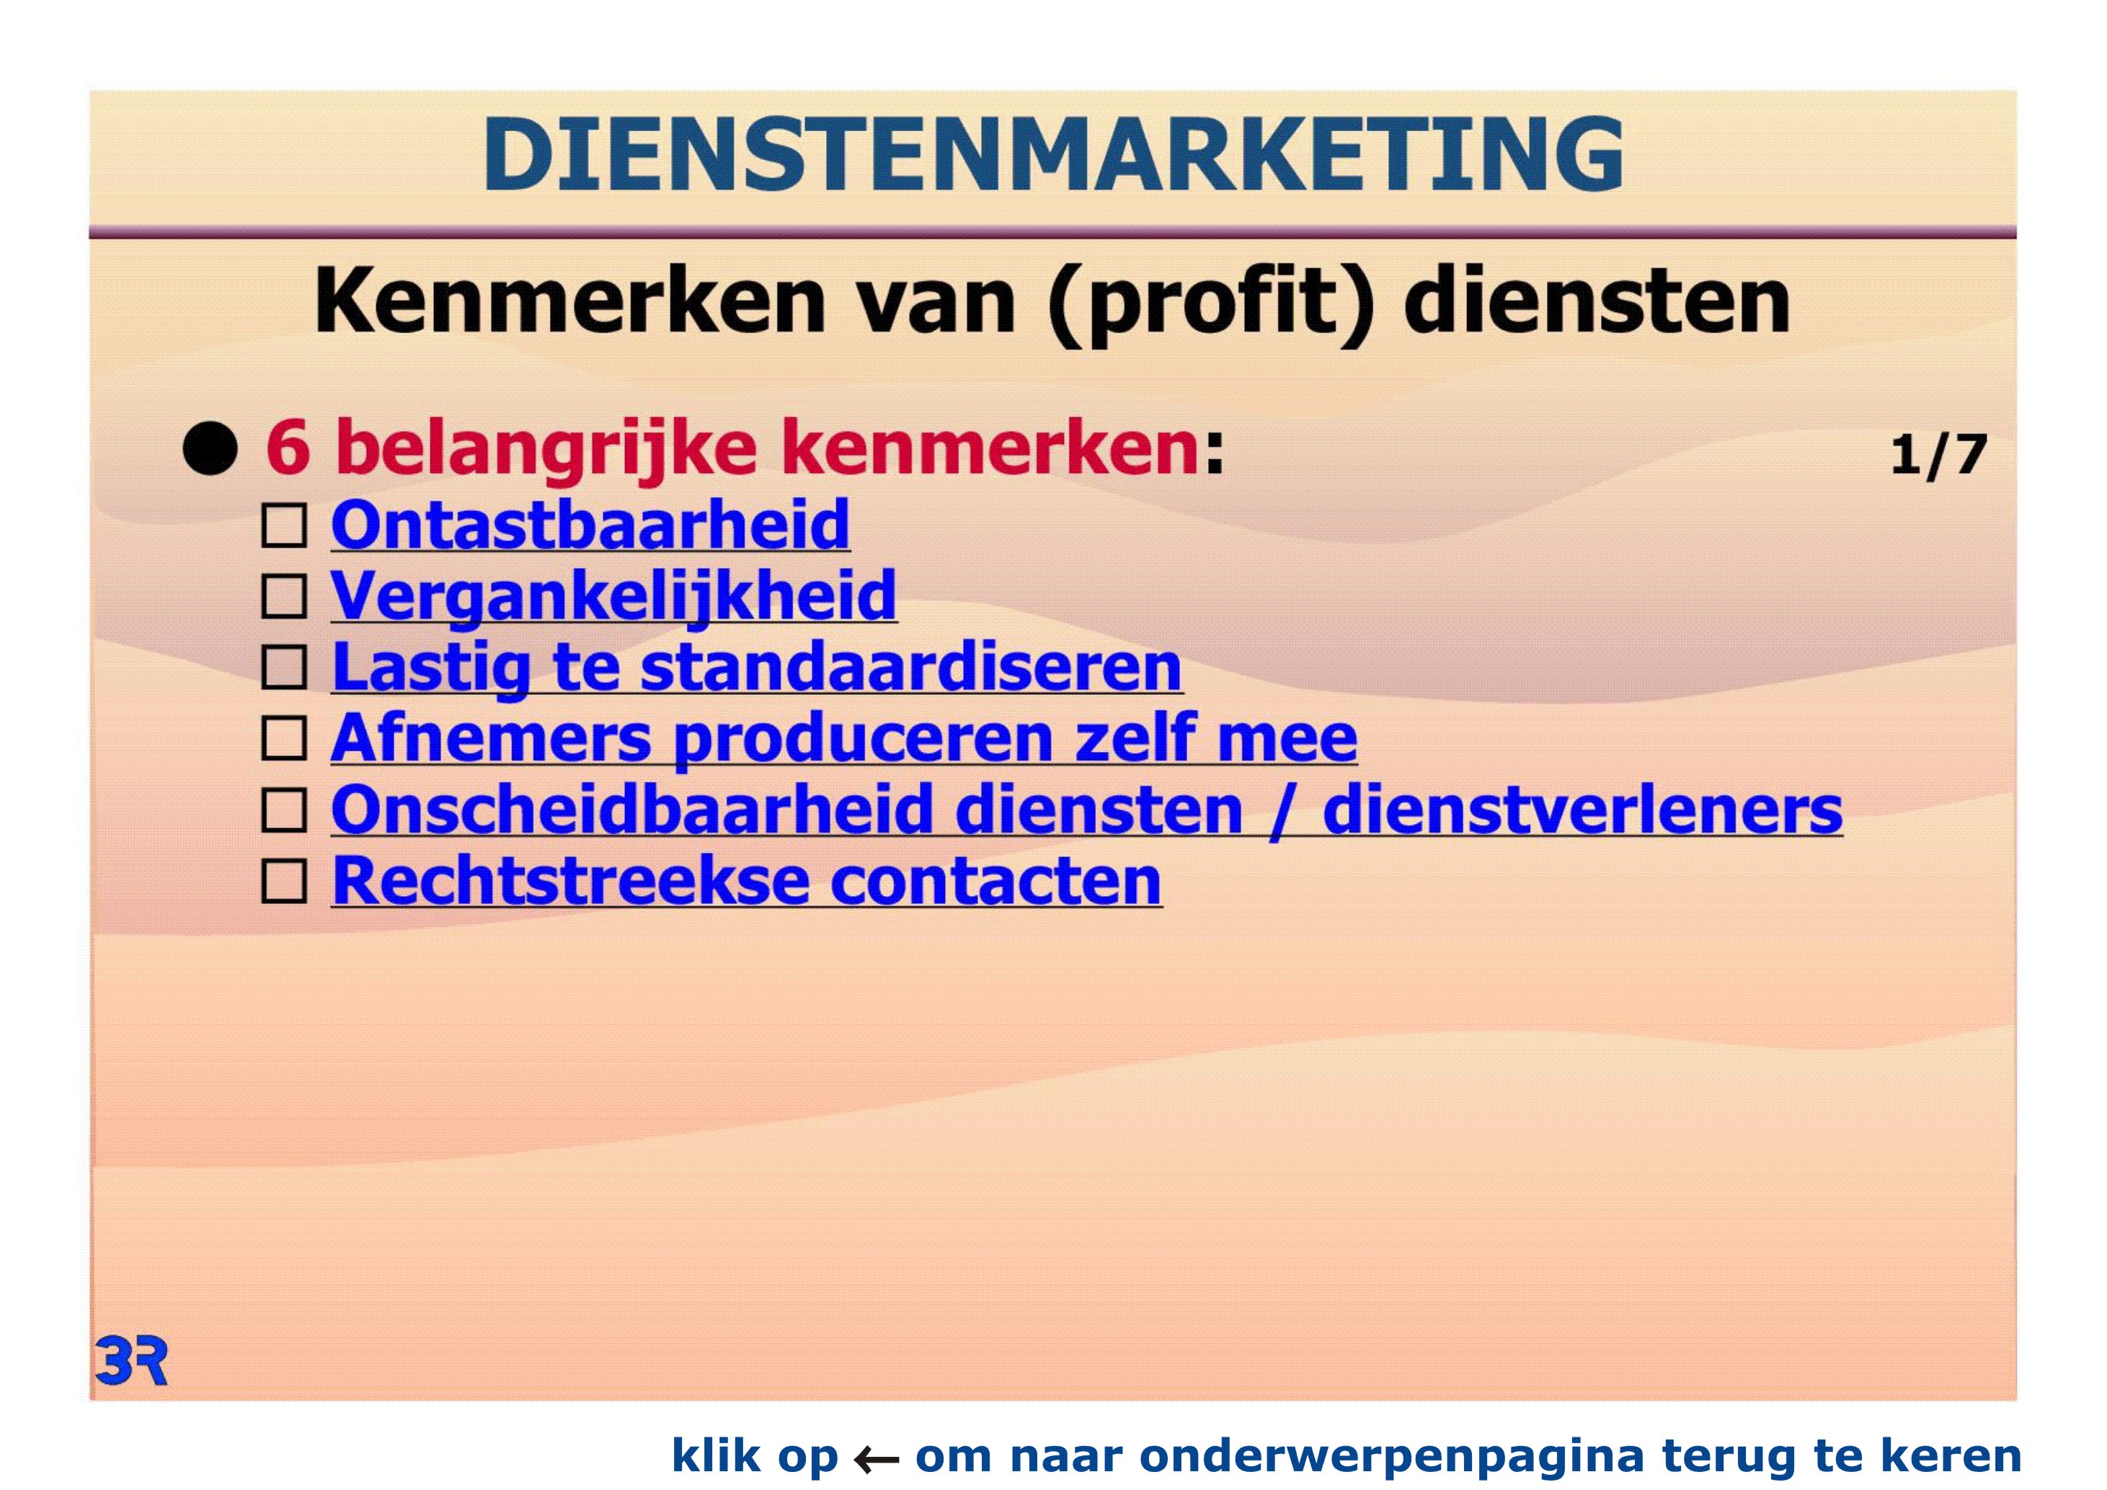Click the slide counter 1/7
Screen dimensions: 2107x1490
tap(1938, 455)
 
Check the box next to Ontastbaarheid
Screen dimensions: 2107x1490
tap(285, 527)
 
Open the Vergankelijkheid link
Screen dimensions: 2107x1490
tap(613, 598)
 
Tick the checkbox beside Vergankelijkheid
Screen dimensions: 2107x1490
tap(285, 598)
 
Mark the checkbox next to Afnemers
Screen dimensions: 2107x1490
tap(285, 739)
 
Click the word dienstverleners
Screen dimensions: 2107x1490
tap(1582, 810)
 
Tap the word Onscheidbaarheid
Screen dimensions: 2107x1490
tap(632, 810)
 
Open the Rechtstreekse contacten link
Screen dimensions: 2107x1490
tap(747, 881)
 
